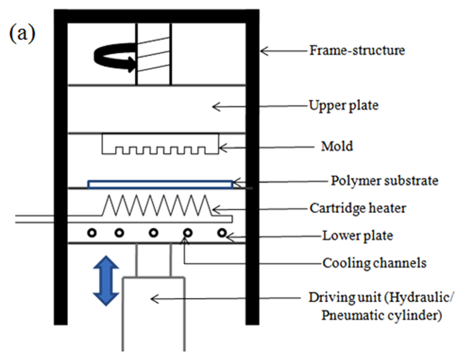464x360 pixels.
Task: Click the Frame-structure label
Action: [357, 50]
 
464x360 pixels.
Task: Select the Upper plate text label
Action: [343, 106]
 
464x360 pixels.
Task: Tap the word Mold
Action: [337, 147]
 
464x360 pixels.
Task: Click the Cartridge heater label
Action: [358, 208]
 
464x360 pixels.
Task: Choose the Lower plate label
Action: [358, 236]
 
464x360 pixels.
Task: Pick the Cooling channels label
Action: [374, 263]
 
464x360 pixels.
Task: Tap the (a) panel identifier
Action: [22, 34]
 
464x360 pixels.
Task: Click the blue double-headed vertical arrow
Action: [106, 280]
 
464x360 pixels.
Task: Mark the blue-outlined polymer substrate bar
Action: [160, 184]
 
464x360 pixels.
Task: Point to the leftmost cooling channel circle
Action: [93, 233]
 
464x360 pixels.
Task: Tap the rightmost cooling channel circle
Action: [222, 233]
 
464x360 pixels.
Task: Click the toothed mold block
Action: [160, 144]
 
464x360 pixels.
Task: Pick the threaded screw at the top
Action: [154, 54]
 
